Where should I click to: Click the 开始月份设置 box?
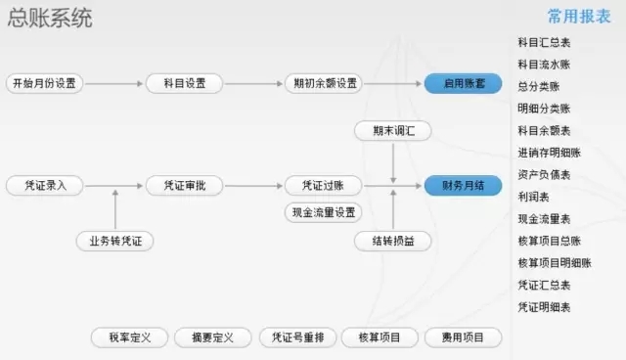point(44,83)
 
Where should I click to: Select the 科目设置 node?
point(184,83)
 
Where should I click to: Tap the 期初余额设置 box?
point(324,83)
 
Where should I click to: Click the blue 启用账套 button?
point(463,83)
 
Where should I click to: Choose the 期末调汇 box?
point(393,130)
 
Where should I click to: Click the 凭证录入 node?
point(45,186)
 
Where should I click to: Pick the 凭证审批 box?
point(184,186)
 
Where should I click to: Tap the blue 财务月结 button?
point(463,186)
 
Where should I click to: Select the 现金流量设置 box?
point(324,212)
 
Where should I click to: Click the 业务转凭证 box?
point(115,241)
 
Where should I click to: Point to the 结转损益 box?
point(393,241)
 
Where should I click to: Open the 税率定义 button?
point(129,337)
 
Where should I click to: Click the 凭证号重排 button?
point(297,337)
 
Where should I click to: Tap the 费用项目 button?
point(463,337)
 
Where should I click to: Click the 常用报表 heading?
point(579,17)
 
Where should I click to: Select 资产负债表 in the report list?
point(544,175)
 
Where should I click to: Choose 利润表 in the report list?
point(533,197)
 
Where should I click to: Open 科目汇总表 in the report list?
point(544,42)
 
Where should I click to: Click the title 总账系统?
point(50,18)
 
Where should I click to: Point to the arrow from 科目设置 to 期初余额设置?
point(253,84)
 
